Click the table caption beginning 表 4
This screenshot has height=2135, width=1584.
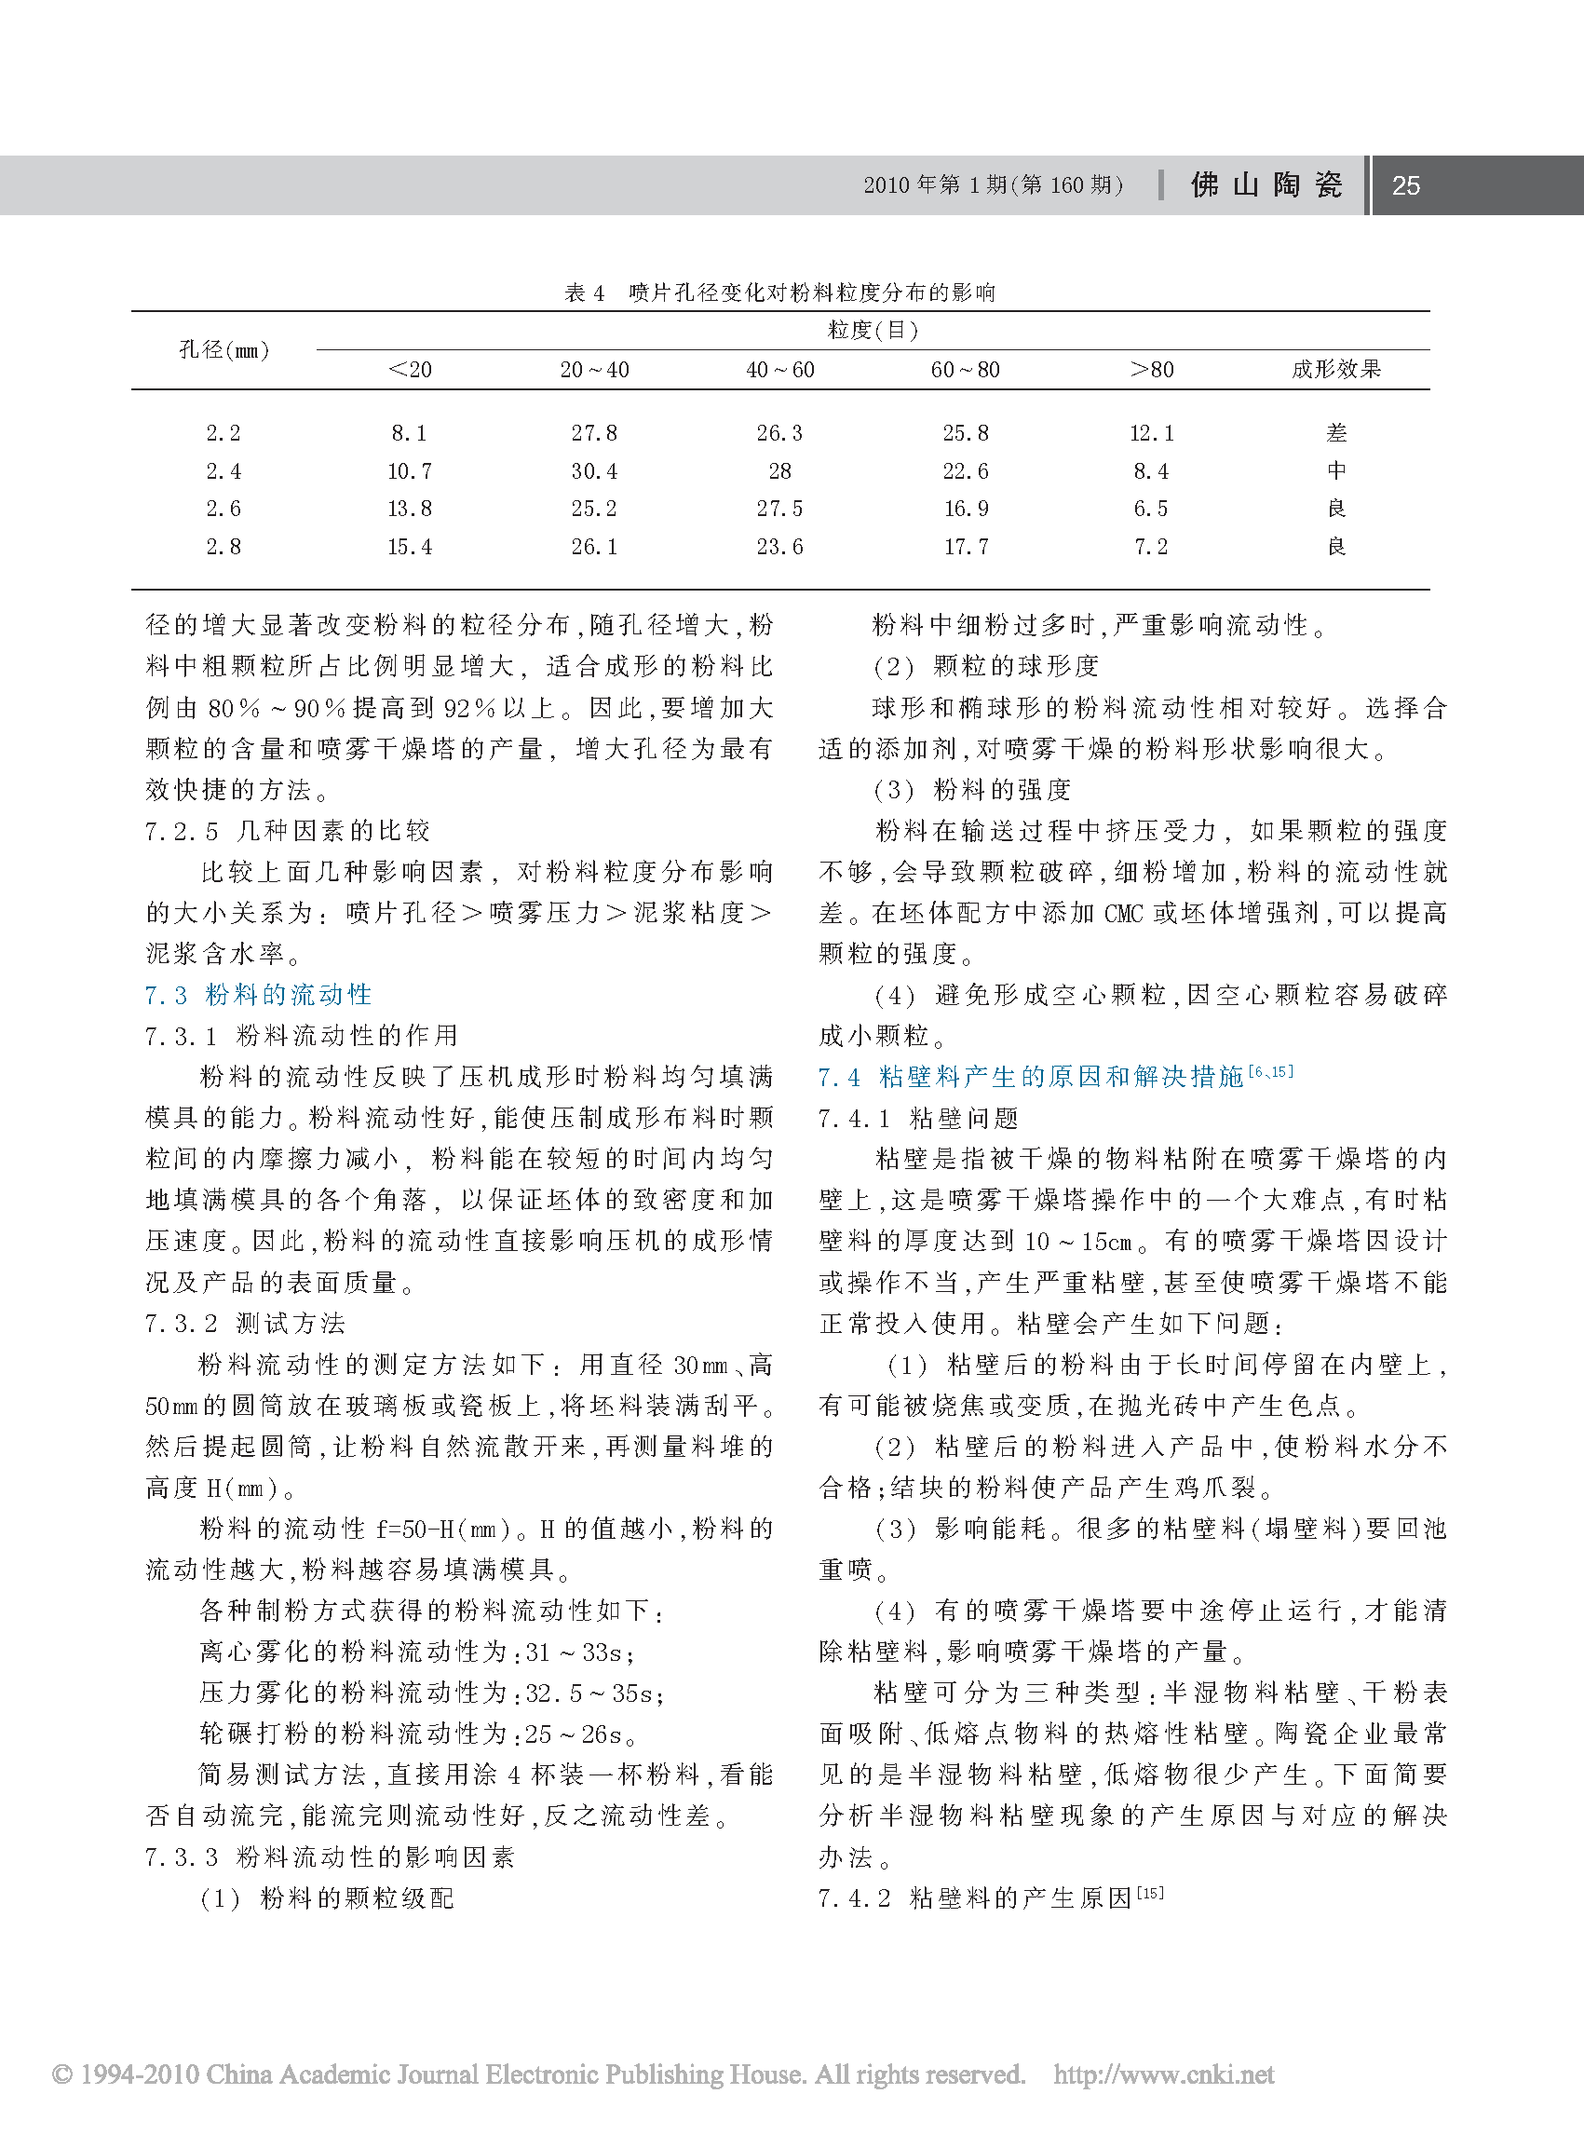[779, 292]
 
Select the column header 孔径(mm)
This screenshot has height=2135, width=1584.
[224, 350]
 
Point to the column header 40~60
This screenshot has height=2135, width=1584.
[779, 370]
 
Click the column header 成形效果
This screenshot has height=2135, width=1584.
[1335, 369]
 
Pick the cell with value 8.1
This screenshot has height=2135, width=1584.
[410, 433]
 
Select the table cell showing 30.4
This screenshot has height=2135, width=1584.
[594, 472]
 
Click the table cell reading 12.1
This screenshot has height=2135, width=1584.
[1151, 433]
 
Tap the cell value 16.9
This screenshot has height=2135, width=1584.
[966, 510]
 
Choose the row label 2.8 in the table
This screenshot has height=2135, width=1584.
[223, 547]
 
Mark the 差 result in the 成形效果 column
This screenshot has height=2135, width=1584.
[1335, 433]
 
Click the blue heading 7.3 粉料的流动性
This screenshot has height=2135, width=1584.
[259, 995]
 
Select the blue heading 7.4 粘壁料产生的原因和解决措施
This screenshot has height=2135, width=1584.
[1055, 1076]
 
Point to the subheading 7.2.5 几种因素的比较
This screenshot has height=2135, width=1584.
[288, 831]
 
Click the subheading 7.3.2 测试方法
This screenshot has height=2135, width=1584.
[246, 1324]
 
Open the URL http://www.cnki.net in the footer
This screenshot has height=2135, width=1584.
[1163, 2074]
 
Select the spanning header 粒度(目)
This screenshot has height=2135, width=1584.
[873, 331]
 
